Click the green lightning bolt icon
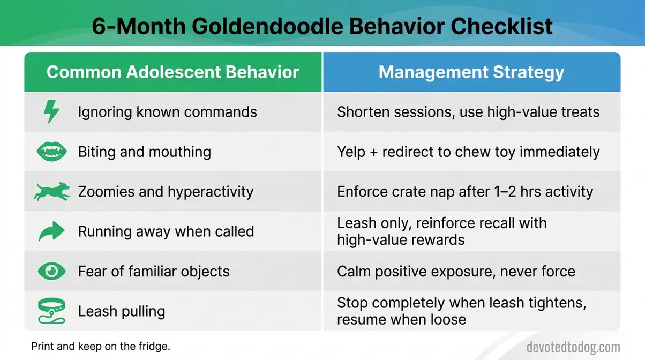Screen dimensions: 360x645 tap(51, 112)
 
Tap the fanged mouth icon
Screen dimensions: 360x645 tap(51, 152)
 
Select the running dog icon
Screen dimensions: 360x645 tap(51, 192)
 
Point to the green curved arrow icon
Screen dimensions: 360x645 tap(51, 231)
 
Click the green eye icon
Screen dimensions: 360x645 tap(51, 271)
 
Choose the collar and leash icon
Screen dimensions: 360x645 tap(51, 311)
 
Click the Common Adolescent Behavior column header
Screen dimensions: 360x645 tap(172, 72)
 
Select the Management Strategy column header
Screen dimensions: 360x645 tap(471, 72)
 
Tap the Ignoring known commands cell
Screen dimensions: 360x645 tap(167, 112)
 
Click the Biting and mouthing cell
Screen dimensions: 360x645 tap(144, 152)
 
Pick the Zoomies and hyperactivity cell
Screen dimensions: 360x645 tap(166, 192)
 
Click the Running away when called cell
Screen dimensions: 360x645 tap(166, 231)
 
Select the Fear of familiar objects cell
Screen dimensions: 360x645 tap(154, 271)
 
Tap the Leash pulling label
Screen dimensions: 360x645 tap(122, 311)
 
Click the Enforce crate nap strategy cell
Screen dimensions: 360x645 tap(464, 192)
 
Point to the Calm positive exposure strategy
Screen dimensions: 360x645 tap(456, 271)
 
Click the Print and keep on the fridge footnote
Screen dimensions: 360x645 tap(100, 346)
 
